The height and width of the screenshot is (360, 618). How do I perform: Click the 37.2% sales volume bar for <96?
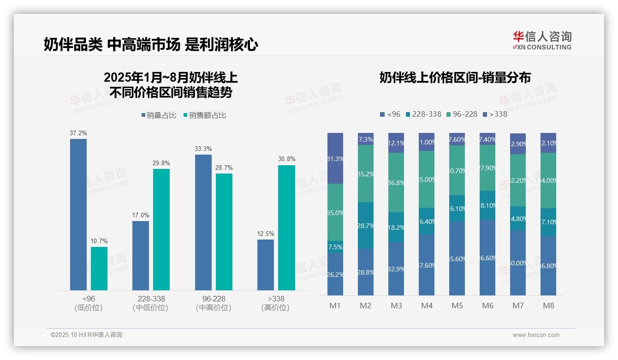pos(78,215)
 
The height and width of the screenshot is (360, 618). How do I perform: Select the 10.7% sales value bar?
pos(99,269)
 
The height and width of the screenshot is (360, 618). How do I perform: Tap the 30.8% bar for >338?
pos(286,228)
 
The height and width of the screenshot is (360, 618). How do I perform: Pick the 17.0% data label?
pos(141,215)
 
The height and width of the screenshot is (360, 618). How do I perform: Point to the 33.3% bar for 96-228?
pos(203,222)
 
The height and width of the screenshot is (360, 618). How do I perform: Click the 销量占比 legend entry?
pos(159,115)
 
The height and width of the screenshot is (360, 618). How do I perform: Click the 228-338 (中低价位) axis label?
pos(150,303)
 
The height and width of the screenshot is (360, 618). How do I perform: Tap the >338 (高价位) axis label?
pos(275,303)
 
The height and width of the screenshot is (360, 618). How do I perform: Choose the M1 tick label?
pos(335,306)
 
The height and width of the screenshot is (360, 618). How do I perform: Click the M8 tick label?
pos(548,306)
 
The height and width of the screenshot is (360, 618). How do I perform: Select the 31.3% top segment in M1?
pos(335,158)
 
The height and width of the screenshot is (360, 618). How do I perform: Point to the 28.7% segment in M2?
pos(366,226)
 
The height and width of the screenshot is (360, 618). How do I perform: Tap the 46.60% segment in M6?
pos(487,258)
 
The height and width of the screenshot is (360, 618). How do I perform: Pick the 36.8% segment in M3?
pos(396,182)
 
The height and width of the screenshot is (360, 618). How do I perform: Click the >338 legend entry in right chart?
pos(494,114)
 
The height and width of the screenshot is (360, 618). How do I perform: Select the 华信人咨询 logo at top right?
pos(542,40)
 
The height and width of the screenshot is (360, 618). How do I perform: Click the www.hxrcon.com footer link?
pos(536,335)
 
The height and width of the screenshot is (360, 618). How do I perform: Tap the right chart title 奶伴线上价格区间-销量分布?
pos(455,78)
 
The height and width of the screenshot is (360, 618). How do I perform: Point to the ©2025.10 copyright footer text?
pos(86,335)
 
